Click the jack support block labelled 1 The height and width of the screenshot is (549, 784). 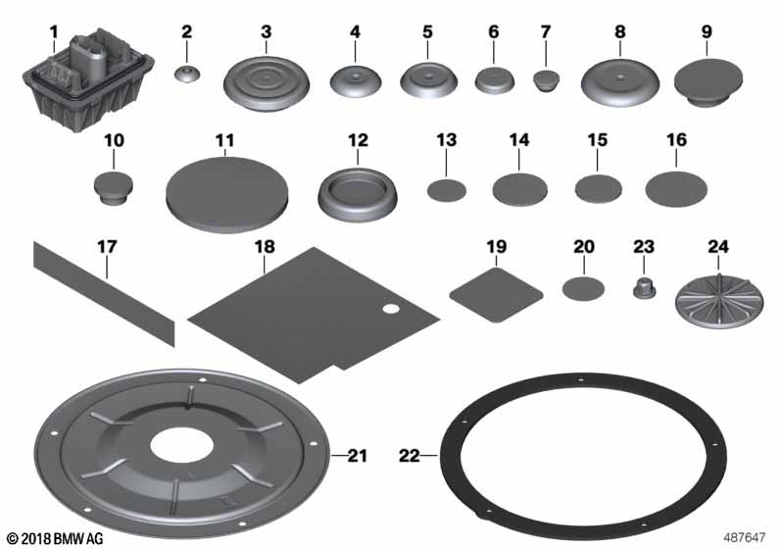(x=88, y=80)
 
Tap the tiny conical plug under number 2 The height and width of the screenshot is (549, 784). (x=187, y=75)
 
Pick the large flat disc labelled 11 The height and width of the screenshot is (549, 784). (x=226, y=194)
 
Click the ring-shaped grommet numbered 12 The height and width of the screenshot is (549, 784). (x=358, y=194)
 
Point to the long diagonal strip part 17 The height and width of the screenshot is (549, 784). (x=105, y=293)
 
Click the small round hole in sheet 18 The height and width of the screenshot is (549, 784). (x=391, y=309)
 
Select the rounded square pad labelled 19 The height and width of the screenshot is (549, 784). (x=496, y=295)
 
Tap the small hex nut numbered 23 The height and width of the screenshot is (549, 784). (x=645, y=289)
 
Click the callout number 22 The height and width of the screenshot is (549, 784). (x=409, y=456)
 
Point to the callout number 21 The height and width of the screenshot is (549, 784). (x=357, y=456)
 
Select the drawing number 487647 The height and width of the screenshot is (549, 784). (x=745, y=537)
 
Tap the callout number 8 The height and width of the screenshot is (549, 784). (x=619, y=31)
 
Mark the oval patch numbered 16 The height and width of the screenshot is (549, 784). (x=676, y=189)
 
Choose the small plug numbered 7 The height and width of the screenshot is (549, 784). (x=546, y=81)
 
